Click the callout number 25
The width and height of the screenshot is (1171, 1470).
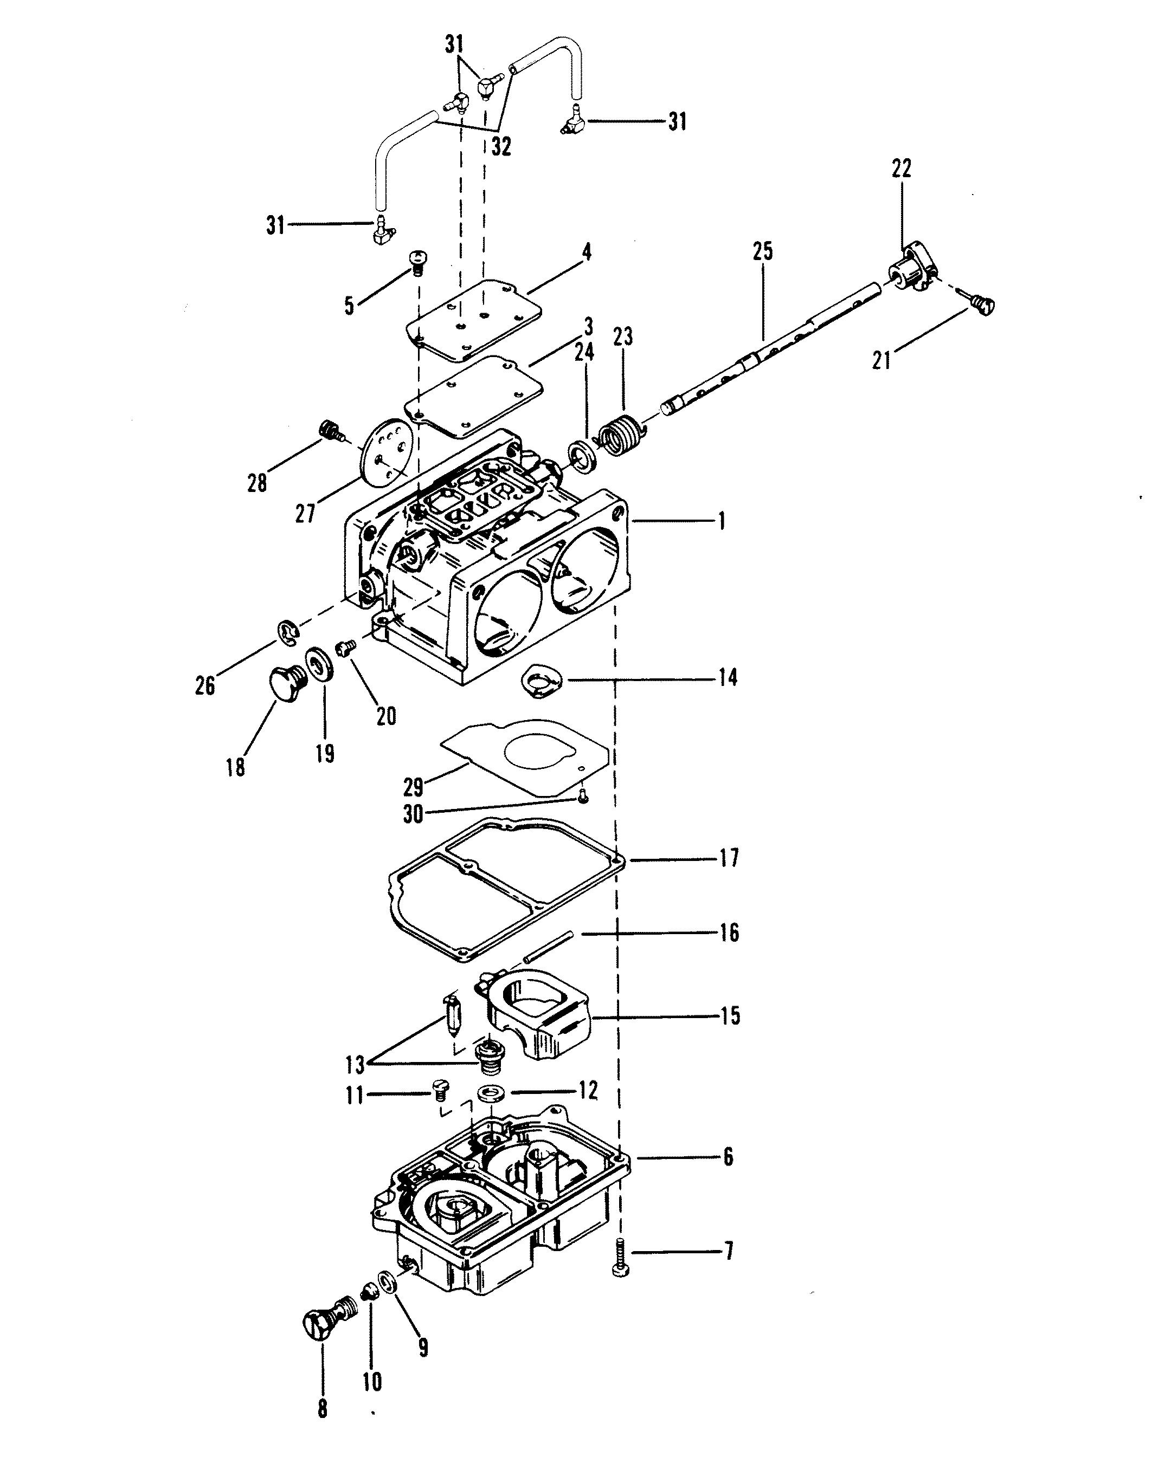point(762,251)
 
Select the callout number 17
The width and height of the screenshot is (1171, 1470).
point(729,857)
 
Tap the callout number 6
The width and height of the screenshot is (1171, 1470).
point(728,1156)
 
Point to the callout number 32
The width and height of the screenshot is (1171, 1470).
point(500,147)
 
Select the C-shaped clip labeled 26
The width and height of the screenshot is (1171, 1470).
point(289,631)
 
